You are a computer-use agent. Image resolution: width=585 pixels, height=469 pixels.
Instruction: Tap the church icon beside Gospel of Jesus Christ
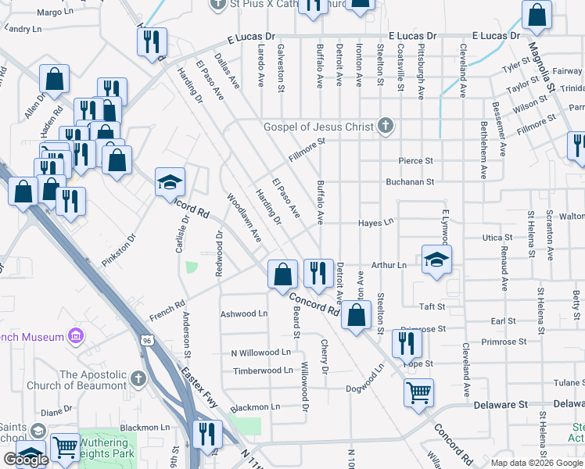click(385, 126)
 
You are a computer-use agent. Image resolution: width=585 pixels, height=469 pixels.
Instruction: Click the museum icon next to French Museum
click(76, 337)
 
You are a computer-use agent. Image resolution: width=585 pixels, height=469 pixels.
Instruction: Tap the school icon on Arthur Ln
click(436, 260)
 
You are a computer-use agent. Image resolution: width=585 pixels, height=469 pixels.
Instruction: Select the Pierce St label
click(415, 161)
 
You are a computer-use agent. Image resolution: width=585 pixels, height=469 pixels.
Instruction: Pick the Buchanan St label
click(409, 182)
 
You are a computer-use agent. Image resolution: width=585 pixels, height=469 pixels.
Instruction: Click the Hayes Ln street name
click(375, 223)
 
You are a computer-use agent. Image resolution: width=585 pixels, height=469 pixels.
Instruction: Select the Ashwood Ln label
click(244, 313)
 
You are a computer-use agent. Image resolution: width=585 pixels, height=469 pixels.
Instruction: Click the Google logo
click(26, 460)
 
